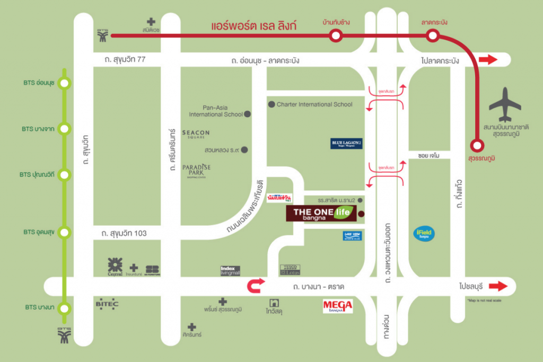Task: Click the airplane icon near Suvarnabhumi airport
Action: (x=505, y=105)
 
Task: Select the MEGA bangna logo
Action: (x=338, y=306)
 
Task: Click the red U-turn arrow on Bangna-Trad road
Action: (x=256, y=286)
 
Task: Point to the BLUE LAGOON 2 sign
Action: (x=346, y=143)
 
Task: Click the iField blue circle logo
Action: (x=424, y=234)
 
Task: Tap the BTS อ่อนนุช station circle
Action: (x=65, y=83)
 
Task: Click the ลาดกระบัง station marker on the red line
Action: (x=433, y=36)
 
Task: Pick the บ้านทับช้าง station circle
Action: (x=335, y=36)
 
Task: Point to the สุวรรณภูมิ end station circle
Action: (x=477, y=144)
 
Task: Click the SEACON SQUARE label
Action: (x=196, y=135)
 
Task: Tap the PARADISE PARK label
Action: (x=196, y=170)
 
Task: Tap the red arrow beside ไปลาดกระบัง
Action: (x=488, y=60)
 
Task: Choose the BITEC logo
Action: (x=107, y=304)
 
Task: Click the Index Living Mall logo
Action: (x=231, y=271)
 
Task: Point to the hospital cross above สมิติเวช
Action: (x=151, y=22)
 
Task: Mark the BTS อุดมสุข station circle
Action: (x=65, y=233)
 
